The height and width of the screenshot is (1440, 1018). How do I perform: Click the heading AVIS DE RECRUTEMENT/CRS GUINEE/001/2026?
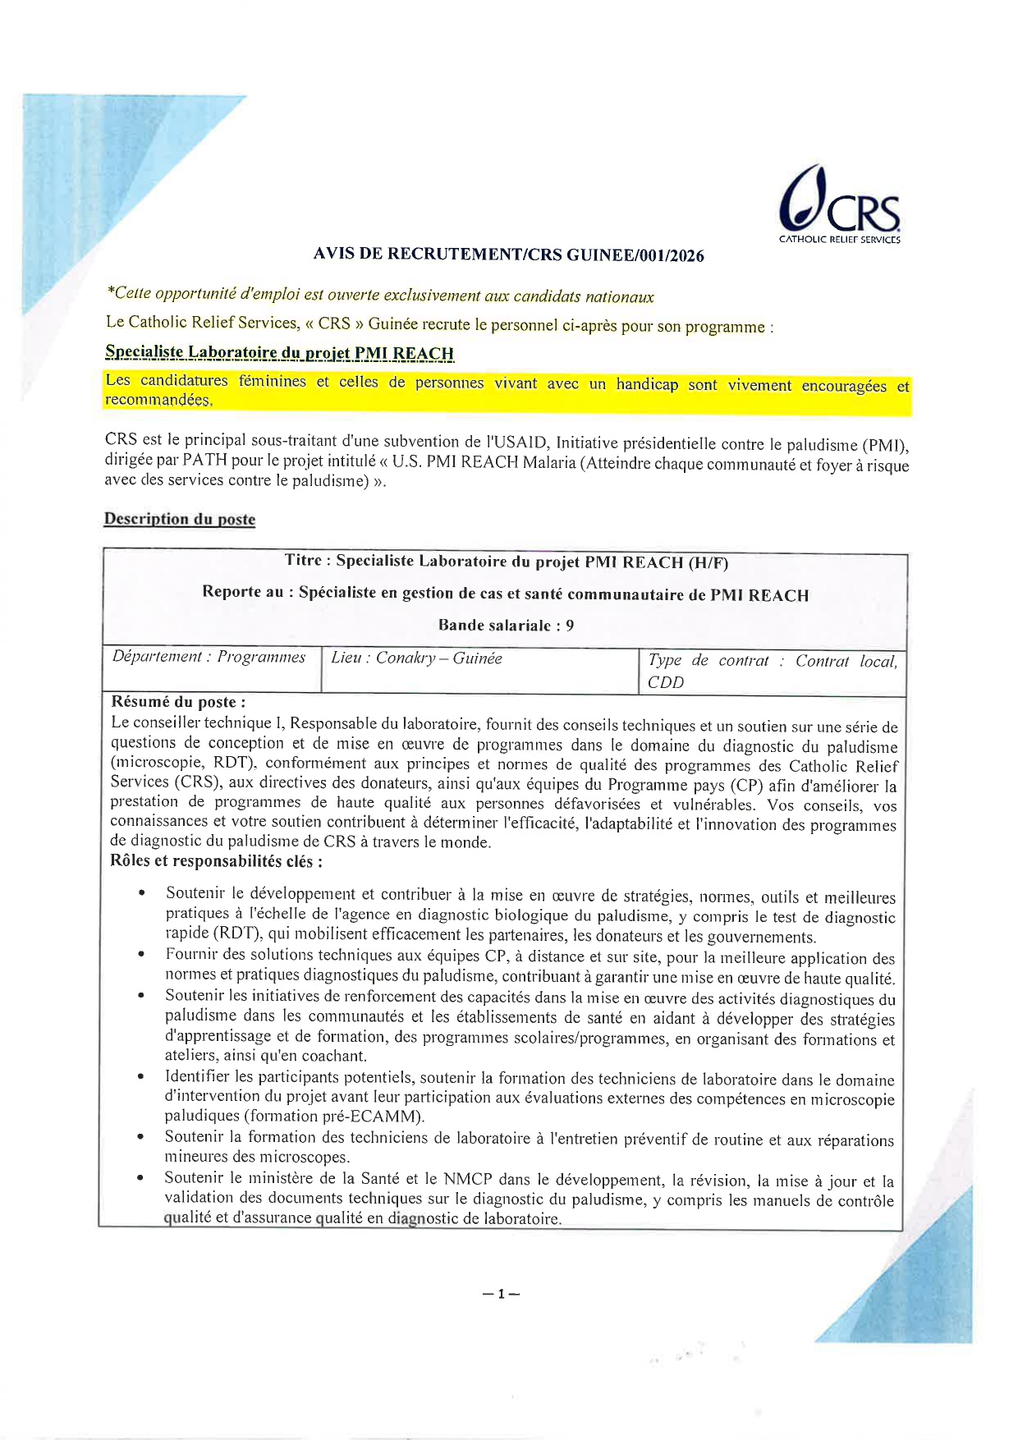tap(508, 255)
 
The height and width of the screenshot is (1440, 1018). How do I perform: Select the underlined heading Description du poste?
tap(179, 519)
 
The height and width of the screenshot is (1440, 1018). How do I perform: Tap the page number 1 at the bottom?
tap(501, 1295)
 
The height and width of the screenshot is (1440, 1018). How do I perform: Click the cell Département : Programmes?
tap(209, 657)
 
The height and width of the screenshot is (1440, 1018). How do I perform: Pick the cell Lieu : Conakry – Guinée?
tap(416, 658)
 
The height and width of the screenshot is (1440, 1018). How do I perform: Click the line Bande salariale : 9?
tap(506, 626)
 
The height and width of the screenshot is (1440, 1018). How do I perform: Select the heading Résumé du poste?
tap(178, 702)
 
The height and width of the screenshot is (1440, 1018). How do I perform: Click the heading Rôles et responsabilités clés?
tap(217, 861)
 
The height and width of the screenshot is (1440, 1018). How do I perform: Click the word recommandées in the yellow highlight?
tap(158, 401)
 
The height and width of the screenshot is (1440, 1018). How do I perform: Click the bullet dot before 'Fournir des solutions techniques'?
tap(143, 955)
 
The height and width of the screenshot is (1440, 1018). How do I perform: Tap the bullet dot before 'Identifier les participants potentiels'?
tap(143, 1076)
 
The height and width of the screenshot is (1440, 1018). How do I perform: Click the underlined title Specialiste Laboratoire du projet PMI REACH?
tap(279, 353)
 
